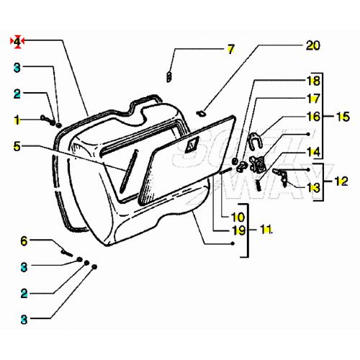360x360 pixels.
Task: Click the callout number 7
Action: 230,50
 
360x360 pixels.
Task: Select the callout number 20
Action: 312,45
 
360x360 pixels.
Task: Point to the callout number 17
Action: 313,98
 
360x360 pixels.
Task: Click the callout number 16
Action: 313,115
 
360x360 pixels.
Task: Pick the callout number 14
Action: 313,152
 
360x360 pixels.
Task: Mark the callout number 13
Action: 313,187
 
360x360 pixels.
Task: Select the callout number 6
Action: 23,240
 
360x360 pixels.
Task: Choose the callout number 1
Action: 17,117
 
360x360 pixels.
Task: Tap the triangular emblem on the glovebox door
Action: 191,146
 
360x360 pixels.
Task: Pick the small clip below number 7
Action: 168,76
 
